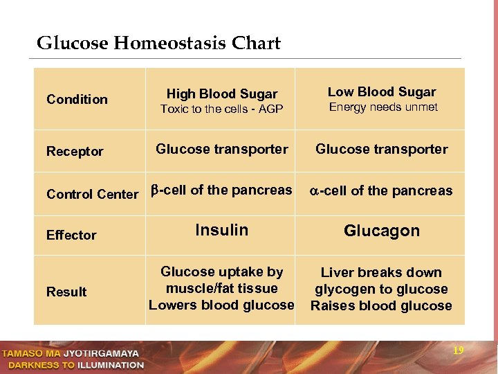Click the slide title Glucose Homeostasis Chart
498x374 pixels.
click(x=158, y=44)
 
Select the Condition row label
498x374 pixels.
click(x=77, y=99)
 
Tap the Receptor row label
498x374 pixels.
click(x=75, y=151)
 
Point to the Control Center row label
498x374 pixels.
click(x=92, y=194)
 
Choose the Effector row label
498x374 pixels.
click(x=71, y=235)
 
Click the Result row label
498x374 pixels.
click(x=66, y=292)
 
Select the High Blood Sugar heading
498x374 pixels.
click(x=222, y=93)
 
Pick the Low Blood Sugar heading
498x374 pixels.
click(x=382, y=91)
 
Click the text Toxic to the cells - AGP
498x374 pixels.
click(x=222, y=109)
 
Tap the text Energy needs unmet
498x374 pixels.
click(x=383, y=107)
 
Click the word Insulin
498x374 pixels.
click(x=221, y=230)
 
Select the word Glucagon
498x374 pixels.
click(x=382, y=231)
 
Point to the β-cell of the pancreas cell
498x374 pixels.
click(x=221, y=190)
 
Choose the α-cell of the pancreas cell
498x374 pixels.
click(x=380, y=190)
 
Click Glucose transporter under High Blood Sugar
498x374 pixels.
click(x=222, y=148)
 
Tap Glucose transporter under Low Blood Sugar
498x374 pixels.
click(x=382, y=148)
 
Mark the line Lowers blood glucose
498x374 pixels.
click(x=221, y=305)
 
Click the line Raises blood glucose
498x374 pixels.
click(x=381, y=305)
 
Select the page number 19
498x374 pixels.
click(x=458, y=350)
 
